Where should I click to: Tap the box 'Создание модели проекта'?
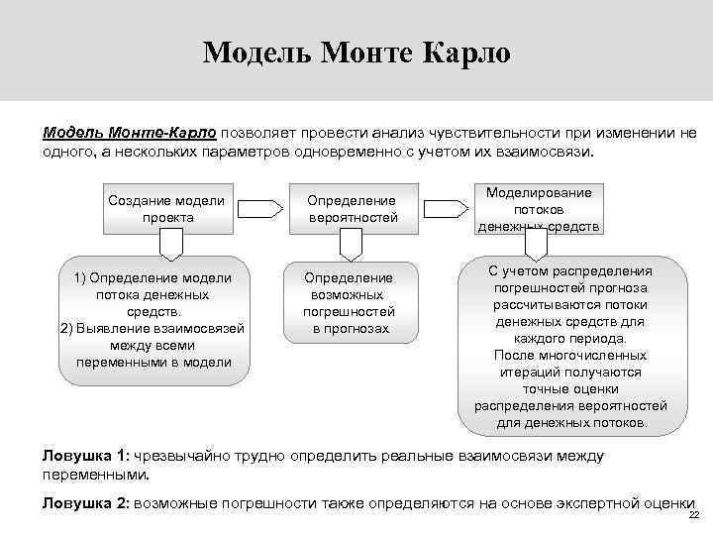coord(166,209)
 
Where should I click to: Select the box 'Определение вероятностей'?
coord(352,209)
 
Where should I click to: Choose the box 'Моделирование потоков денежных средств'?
coord(539,209)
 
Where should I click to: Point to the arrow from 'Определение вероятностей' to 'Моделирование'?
coord(446,208)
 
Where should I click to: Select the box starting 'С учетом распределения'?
coord(570,346)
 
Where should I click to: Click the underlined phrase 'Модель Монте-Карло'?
coord(129,133)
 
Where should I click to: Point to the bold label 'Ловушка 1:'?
coord(85,456)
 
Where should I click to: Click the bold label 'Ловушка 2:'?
coord(85,503)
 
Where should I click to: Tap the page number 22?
coord(693,516)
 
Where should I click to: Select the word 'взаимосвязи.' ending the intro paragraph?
coord(548,154)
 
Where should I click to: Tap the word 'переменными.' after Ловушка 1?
coord(95,475)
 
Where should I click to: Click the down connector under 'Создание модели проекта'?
coord(171,243)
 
